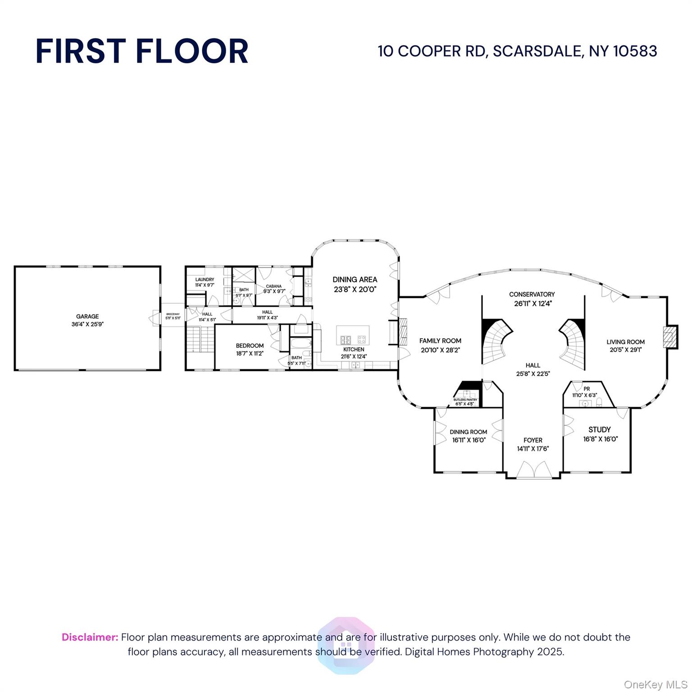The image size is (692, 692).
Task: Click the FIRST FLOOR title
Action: [142, 51]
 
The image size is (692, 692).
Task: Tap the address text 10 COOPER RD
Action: [432, 51]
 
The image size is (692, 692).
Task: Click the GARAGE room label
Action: [87, 316]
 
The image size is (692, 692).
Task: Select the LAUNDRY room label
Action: [205, 279]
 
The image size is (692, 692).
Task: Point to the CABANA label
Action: [273, 286]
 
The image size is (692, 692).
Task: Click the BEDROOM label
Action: [250, 346]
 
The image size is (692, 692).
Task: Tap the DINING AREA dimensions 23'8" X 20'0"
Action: [355, 290]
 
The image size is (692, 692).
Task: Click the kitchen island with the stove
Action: [353, 336]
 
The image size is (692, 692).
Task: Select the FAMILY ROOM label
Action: [440, 341]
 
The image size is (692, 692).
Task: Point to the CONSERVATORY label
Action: [532, 294]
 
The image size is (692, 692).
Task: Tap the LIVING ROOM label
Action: [625, 341]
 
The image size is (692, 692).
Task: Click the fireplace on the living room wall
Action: [670, 337]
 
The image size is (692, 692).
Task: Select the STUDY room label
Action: [599, 429]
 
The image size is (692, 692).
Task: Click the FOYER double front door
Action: [534, 470]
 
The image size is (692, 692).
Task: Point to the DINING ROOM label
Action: [468, 432]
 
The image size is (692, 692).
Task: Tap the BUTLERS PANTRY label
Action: [465, 400]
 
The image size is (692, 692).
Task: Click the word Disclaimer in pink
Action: [90, 637]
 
